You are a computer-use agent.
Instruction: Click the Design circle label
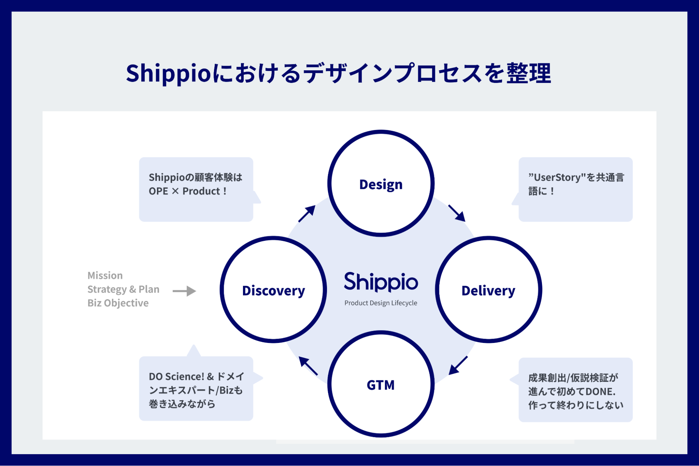[x=381, y=184]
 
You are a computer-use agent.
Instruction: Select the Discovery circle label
[x=273, y=291]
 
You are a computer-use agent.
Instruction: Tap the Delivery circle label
[x=488, y=291]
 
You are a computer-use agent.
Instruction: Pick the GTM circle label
[x=380, y=385]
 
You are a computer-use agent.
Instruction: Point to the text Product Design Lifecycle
[x=380, y=303]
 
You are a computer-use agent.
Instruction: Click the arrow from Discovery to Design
[x=307, y=214]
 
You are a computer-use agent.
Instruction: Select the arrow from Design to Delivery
[x=457, y=213]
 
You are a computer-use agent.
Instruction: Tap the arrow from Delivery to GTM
[x=458, y=365]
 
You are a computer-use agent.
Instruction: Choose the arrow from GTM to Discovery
[x=308, y=366]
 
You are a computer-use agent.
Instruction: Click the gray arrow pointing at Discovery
[x=184, y=291]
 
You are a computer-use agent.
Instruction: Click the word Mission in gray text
[x=105, y=275]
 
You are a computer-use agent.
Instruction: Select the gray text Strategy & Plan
[x=123, y=289]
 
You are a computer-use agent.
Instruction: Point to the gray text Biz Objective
[x=118, y=303]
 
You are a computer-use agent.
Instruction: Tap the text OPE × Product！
[x=188, y=191]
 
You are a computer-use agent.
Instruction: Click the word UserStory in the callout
[x=557, y=177]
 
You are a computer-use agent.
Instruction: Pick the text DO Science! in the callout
[x=176, y=377]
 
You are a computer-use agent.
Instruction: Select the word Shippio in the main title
[x=168, y=74]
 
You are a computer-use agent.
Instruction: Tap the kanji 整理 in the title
[x=529, y=74]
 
